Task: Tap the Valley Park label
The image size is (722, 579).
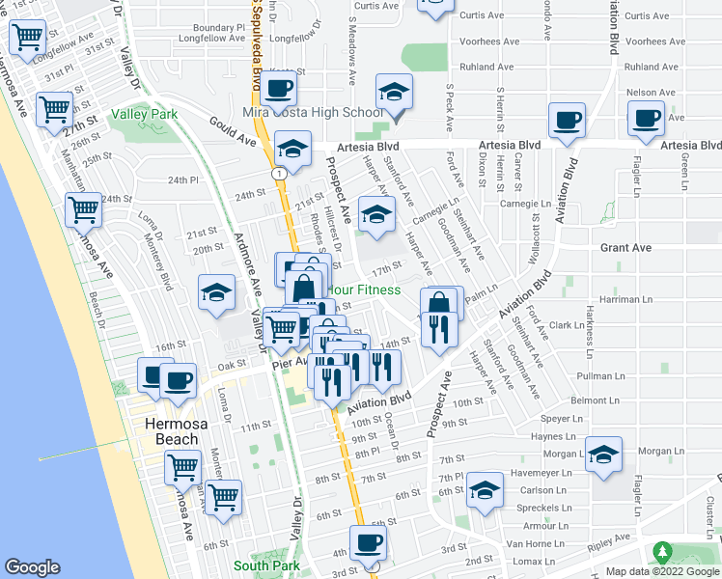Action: point(145,114)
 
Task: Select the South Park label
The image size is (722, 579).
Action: point(266,565)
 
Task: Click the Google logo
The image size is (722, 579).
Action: point(32,567)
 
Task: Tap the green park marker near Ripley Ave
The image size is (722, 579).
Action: point(661,553)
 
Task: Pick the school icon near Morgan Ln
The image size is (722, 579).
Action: point(603,455)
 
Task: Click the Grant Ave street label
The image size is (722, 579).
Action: point(625,248)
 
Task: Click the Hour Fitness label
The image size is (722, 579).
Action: point(364,289)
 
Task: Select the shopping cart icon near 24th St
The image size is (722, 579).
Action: point(84,207)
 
